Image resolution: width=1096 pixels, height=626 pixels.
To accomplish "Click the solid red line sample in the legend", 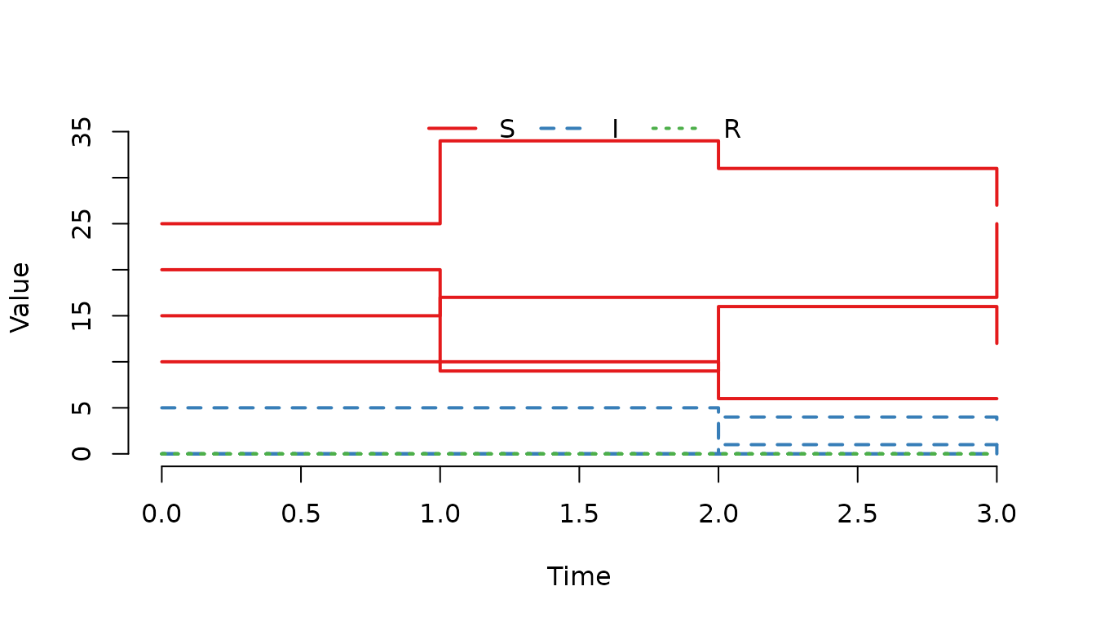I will tap(452, 128).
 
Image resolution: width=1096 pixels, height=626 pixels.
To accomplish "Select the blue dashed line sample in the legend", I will tap(561, 128).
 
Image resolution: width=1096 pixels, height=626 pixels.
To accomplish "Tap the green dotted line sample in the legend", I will tap(674, 128).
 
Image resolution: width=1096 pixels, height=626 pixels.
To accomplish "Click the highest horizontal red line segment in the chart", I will tap(579, 141).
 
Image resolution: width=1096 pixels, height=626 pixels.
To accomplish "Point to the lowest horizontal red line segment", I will tap(856, 399).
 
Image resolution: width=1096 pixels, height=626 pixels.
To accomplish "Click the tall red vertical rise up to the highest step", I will tap(440, 182).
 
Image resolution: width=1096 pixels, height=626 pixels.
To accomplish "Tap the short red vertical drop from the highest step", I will tap(718, 155).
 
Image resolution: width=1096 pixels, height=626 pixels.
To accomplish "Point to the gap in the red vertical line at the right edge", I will tap(997, 214).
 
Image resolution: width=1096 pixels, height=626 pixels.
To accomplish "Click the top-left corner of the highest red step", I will tap(440, 141).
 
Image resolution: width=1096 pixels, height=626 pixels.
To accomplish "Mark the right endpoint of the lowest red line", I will tap(997, 399).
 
